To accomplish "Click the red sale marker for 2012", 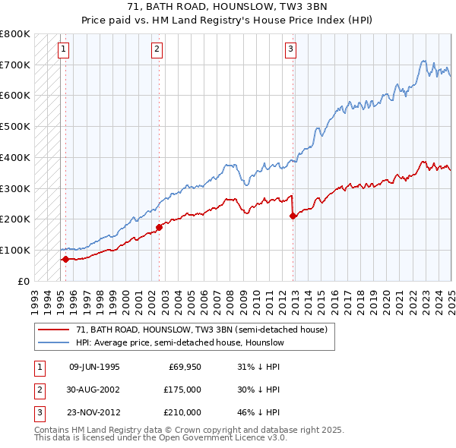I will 293,216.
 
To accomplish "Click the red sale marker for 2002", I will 159,227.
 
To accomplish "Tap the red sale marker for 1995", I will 65,259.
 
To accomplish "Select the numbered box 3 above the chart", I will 290,50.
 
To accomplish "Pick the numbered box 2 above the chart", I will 157,50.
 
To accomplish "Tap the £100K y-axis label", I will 16,250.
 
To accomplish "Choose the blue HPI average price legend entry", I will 179,342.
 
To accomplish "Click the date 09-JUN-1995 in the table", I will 94,367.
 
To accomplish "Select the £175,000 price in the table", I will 182,390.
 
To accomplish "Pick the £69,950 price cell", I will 185,367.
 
